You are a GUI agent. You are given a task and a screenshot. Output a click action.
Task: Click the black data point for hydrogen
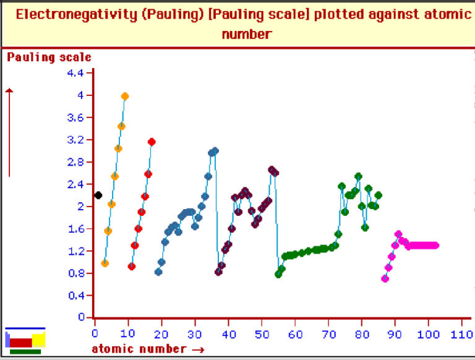pyautogui.click(x=98, y=195)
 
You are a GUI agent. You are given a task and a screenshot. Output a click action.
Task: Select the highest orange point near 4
pyautogui.click(x=125, y=96)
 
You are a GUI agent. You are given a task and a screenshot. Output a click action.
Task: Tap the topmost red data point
pyautogui.click(x=152, y=142)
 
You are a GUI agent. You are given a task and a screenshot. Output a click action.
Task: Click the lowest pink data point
pyautogui.click(x=385, y=278)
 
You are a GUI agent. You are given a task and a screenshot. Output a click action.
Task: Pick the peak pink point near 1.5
pyautogui.click(x=398, y=234)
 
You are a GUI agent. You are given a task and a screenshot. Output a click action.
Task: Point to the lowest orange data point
pyautogui.click(x=105, y=263)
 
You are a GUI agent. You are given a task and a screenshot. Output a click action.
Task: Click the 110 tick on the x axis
pyautogui.click(x=461, y=335)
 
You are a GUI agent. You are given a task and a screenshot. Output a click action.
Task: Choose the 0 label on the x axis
pyautogui.click(x=95, y=335)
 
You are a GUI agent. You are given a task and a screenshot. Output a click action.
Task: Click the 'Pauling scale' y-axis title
pyautogui.click(x=49, y=58)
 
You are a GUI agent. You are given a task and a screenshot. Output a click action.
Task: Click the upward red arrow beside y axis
pyautogui.click(x=9, y=130)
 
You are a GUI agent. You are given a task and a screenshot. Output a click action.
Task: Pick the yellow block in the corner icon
pyautogui.click(x=38, y=339)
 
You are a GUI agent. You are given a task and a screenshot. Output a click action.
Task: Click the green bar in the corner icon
pyautogui.click(x=25, y=351)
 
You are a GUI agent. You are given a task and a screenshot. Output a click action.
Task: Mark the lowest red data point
pyautogui.click(x=131, y=267)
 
